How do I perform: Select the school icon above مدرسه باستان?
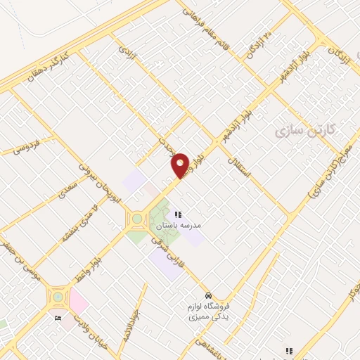(179, 214)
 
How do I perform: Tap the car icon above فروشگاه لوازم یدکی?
(208, 295)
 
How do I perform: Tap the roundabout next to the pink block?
(57, 296)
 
